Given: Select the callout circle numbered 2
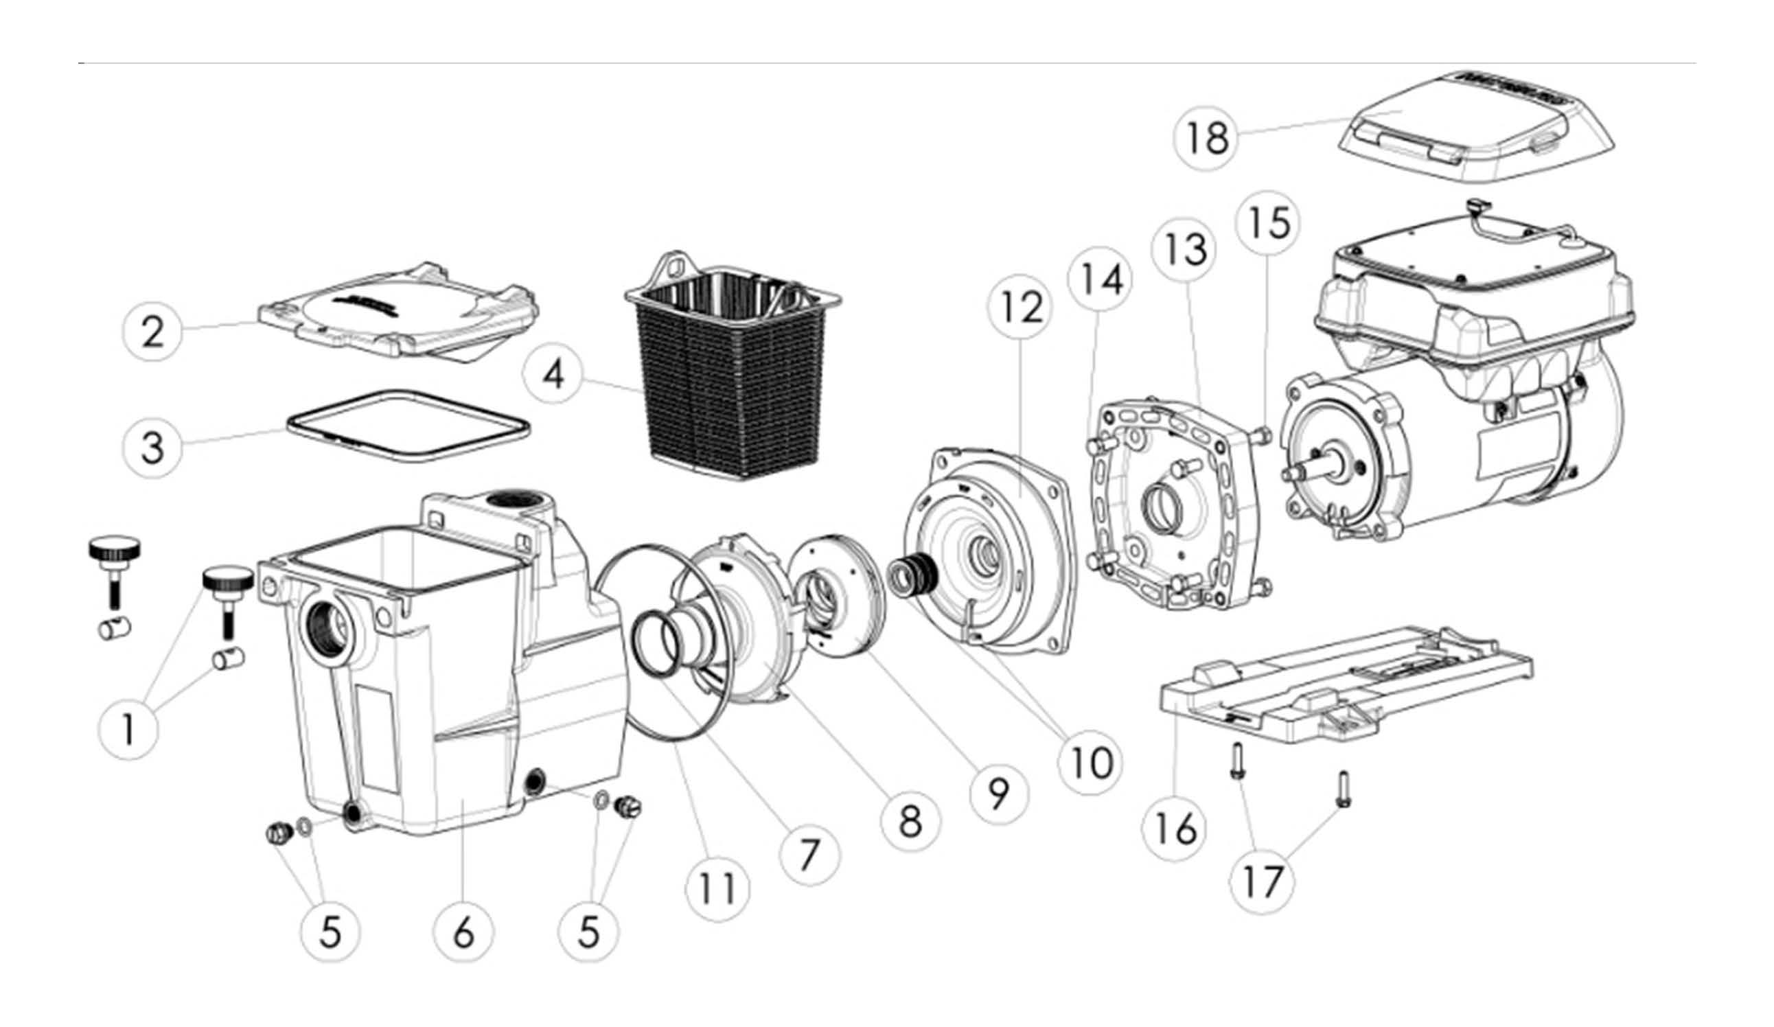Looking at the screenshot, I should click(x=154, y=331).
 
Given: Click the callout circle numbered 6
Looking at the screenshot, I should click(x=464, y=933).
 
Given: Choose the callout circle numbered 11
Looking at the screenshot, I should click(x=717, y=888).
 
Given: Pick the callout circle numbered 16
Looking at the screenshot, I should click(x=1175, y=829).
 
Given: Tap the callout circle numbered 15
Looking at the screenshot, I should click(x=1269, y=223).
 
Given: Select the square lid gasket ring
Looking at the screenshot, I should click(x=408, y=426).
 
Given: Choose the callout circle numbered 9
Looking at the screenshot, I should click(x=999, y=794).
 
